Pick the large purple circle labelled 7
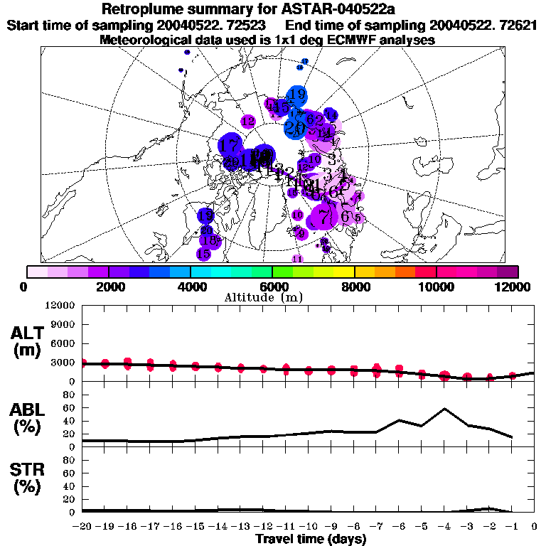point(324,216)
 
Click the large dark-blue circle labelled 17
point(230,146)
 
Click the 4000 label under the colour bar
point(191,287)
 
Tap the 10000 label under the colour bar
point(436,287)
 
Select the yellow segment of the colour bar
point(345,272)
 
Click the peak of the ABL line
point(444,409)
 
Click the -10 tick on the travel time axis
point(309,527)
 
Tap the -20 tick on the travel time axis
point(82,527)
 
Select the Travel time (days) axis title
point(311,540)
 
